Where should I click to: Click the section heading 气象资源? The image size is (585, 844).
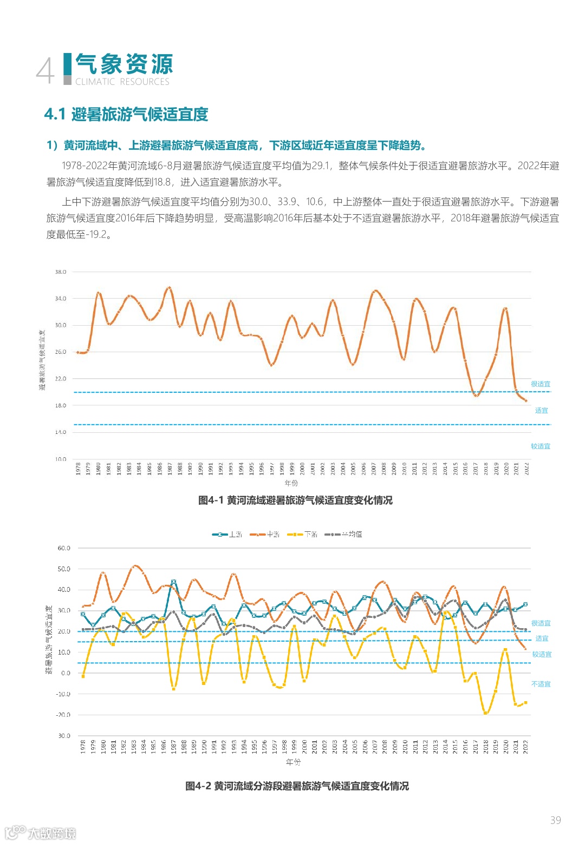(x=124, y=64)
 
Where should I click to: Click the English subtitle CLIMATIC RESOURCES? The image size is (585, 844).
(x=122, y=82)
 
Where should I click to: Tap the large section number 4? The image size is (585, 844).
(x=45, y=71)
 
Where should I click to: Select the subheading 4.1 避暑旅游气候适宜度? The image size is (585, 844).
(x=126, y=114)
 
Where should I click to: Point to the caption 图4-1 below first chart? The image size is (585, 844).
(x=295, y=500)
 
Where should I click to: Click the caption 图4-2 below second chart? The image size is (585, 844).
(x=297, y=786)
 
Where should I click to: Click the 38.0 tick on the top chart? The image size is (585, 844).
(x=60, y=272)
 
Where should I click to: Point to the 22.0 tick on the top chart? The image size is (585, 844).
(x=60, y=379)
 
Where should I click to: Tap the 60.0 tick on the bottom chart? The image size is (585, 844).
(x=64, y=548)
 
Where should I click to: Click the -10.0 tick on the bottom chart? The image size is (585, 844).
(x=64, y=694)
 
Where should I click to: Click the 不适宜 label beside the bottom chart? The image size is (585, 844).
(x=541, y=684)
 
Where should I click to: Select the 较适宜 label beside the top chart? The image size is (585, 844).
(x=541, y=446)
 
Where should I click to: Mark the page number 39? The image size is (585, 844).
(x=555, y=820)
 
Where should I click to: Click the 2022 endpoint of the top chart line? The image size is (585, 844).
(x=525, y=401)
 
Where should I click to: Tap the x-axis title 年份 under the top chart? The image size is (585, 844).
(x=291, y=483)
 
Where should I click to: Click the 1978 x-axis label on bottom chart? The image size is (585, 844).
(x=83, y=747)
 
